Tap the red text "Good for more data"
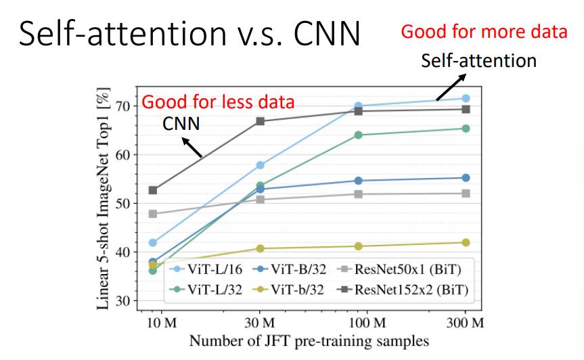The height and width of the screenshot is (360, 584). coord(485,31)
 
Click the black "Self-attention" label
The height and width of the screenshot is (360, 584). coord(478,61)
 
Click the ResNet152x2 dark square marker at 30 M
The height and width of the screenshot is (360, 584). coord(260,121)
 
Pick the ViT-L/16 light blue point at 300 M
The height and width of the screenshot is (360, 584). coord(466,98)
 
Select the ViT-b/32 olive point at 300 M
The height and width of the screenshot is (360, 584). coord(466,242)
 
